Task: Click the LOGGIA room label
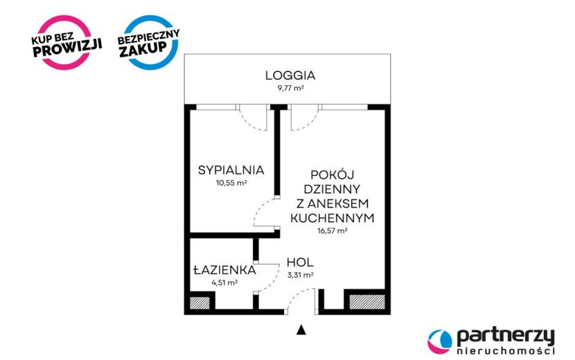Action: point(290,75)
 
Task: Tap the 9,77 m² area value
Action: point(290,89)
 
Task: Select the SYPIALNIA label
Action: point(231,170)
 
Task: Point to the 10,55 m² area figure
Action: point(231,183)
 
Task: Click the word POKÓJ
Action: point(333,174)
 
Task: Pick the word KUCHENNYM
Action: point(333,218)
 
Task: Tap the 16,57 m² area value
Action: point(333,231)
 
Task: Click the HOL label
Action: point(300,262)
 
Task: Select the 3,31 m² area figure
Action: point(301,275)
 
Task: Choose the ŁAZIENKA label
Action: point(224,270)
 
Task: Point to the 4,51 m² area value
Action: point(224,282)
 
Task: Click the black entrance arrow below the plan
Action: point(301,330)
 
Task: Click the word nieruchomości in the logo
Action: point(506,351)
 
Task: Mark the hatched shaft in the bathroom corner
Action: point(200,303)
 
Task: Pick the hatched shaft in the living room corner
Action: point(367,302)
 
